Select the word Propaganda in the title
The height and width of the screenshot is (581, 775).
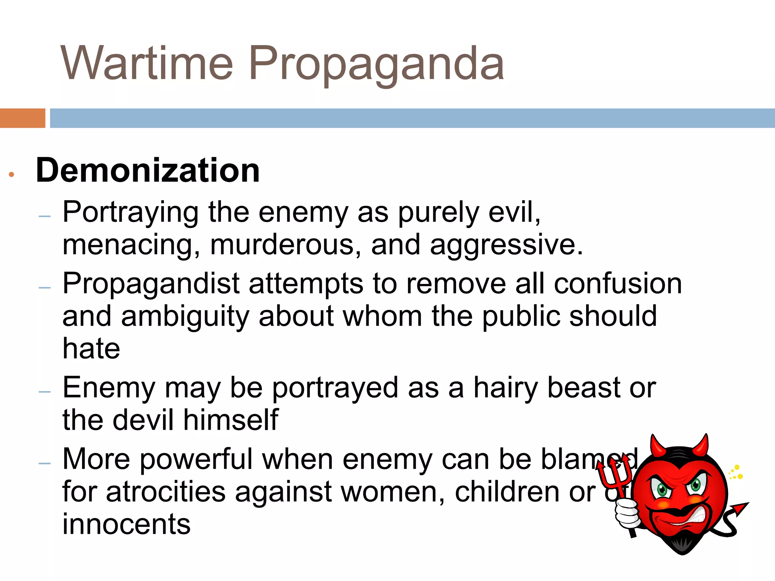pyautogui.click(x=376, y=64)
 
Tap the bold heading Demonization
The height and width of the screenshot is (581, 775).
pyautogui.click(x=148, y=170)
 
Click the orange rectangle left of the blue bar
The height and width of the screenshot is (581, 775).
pyautogui.click(x=22, y=118)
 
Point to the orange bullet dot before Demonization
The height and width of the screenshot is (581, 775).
pyautogui.click(x=11, y=174)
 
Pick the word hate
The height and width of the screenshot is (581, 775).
pyautogui.click(x=91, y=348)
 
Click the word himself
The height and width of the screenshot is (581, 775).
pyautogui.click(x=231, y=420)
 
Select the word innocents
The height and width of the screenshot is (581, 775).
pyautogui.click(x=126, y=524)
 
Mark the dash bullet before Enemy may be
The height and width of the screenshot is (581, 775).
pyautogui.click(x=45, y=392)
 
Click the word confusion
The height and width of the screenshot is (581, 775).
pyautogui.click(x=618, y=284)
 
